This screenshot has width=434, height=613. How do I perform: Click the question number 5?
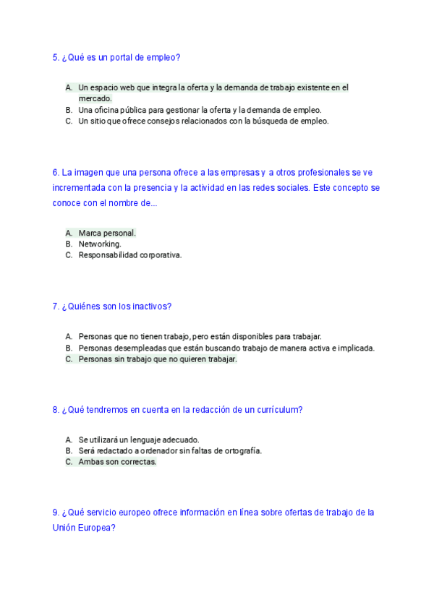point(56,57)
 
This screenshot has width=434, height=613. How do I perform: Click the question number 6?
point(56,173)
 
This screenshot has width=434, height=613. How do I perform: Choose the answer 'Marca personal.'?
point(107,233)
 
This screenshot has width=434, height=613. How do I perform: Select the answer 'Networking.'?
point(100,244)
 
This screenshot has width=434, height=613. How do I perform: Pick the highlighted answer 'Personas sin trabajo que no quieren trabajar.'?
point(158,359)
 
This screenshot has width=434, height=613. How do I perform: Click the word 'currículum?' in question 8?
point(279,410)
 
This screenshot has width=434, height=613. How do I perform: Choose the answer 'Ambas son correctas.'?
point(117,462)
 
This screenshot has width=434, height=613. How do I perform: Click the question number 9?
point(56,513)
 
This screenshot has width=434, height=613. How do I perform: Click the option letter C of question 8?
point(68,462)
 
